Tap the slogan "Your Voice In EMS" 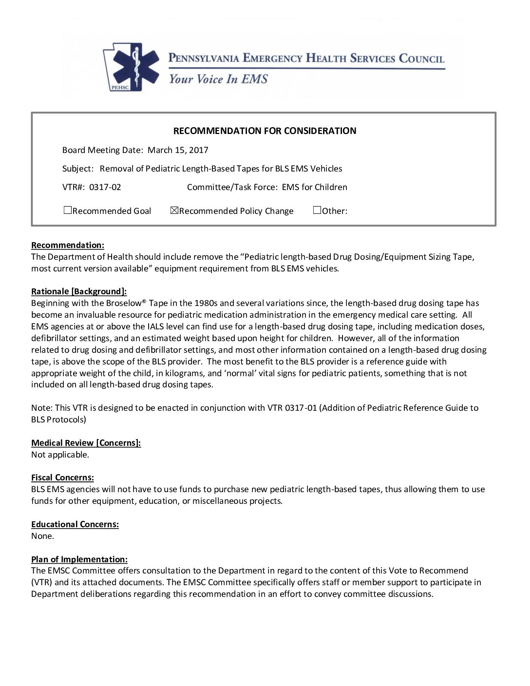[x=218, y=79]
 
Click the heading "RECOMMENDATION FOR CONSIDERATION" [x=265, y=131]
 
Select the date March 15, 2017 [x=178, y=150]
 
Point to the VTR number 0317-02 [x=105, y=187]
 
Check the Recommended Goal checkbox [x=68, y=210]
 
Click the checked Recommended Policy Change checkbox [x=174, y=210]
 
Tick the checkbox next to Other [x=317, y=210]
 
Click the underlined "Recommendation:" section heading [x=68, y=245]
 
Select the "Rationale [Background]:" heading [x=79, y=291]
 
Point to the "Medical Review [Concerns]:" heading [x=86, y=443]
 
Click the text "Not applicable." [x=60, y=455]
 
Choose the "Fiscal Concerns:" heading [x=62, y=477]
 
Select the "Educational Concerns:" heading [x=75, y=524]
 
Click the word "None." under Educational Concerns [x=42, y=536]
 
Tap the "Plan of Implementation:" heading [x=79, y=559]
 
